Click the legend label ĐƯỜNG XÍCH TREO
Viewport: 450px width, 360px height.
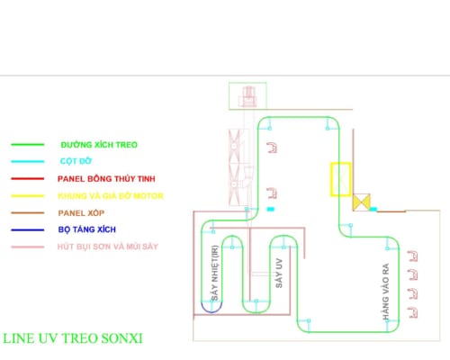coord(99,145)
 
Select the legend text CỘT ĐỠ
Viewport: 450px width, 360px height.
coord(76,161)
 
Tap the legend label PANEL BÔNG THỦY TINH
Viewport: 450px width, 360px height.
coord(106,178)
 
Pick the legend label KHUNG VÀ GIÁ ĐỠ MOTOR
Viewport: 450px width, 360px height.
coord(111,196)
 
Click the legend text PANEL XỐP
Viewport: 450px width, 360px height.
coord(81,213)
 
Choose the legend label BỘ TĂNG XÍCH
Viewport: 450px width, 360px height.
coord(87,229)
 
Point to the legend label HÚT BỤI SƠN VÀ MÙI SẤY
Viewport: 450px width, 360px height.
coord(108,247)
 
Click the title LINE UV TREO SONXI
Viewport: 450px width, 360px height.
coord(73,338)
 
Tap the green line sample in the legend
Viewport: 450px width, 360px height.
coord(28,145)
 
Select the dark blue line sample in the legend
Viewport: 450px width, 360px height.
coord(28,230)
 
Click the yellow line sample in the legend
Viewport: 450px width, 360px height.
coord(28,196)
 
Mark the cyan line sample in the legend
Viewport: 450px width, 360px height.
coord(28,161)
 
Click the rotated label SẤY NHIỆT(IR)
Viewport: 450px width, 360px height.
coord(215,273)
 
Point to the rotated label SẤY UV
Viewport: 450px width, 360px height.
coord(279,273)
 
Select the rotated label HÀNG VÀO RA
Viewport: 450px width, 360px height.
coord(385,292)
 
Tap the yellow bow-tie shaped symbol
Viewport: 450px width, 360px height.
coord(362,202)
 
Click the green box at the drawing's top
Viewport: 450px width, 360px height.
coord(229,96)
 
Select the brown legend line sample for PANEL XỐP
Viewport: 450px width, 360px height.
coord(28,213)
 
